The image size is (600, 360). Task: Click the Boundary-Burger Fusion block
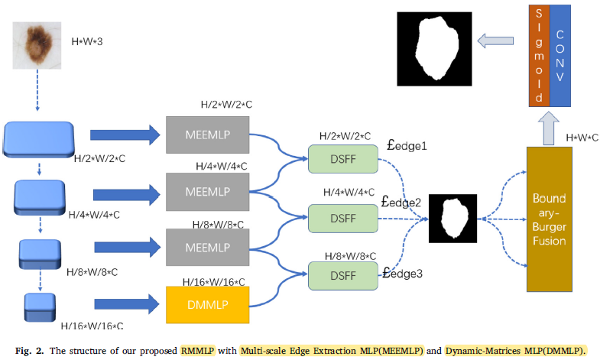[549, 219]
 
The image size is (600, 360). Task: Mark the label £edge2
[401, 203]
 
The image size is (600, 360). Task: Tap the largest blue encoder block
[37, 138]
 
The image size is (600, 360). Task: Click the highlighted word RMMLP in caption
[197, 351]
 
